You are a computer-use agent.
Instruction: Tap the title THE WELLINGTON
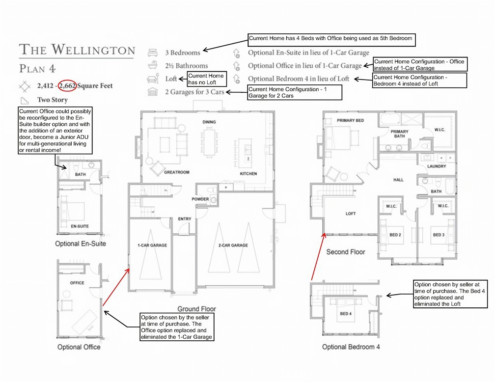tap(77, 50)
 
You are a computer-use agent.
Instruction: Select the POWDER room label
tap(200, 199)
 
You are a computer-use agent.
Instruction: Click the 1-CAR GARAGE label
tap(152, 245)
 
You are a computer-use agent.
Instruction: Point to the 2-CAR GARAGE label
tap(233, 245)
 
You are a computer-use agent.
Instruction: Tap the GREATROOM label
tap(164, 173)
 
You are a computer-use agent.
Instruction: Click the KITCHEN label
tap(248, 174)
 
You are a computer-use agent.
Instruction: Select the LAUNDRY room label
tap(437, 166)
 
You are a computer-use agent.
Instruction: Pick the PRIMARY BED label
tap(350, 120)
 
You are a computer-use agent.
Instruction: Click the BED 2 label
tap(396, 235)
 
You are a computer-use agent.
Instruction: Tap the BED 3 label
tap(439, 235)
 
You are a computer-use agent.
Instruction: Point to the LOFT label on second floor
tap(351, 214)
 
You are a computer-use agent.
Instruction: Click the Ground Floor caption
tap(196, 309)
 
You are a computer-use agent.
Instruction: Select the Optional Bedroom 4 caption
tap(351, 347)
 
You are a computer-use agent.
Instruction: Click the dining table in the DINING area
tap(210, 141)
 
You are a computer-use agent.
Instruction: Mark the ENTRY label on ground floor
tap(185, 219)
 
